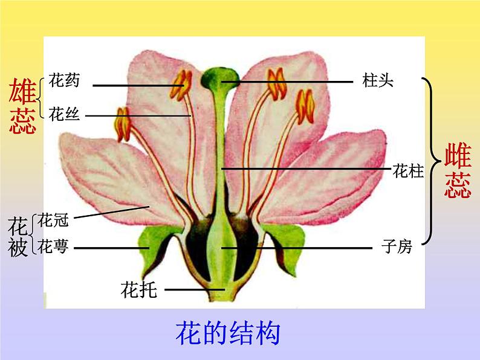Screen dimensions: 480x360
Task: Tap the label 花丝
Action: (64, 114)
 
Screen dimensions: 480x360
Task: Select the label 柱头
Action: (378, 80)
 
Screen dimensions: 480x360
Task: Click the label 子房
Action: (397, 246)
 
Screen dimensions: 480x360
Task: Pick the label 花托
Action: (139, 290)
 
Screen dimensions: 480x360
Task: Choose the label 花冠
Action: (53, 221)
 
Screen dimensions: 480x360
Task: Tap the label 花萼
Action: (53, 246)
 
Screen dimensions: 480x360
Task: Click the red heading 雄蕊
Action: (22, 107)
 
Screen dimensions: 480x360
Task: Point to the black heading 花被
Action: (19, 237)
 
